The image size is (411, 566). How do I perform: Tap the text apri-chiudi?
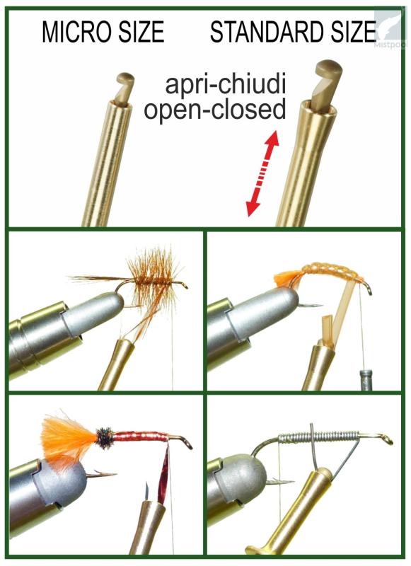coord(226,84)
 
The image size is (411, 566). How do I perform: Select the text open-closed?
coord(215,109)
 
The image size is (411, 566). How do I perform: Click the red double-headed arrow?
coord(262,173)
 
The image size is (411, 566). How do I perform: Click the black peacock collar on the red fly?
coord(105,438)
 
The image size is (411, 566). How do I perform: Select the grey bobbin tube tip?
coord(365,380)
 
